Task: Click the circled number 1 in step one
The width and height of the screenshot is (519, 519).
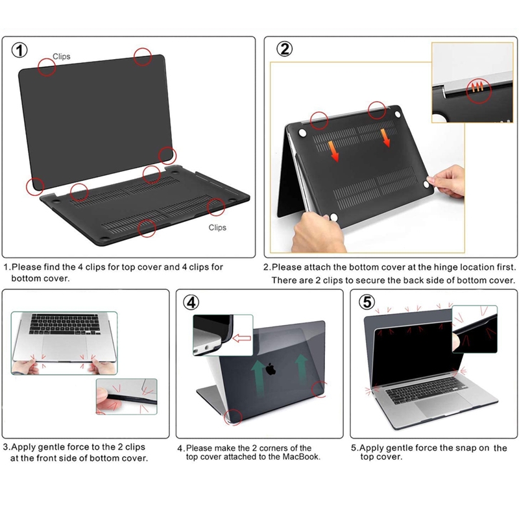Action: (x=19, y=51)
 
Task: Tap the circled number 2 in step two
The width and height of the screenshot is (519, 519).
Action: (x=284, y=49)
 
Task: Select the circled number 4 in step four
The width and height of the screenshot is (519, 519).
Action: (x=191, y=302)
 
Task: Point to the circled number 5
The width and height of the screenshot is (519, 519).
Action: (x=367, y=302)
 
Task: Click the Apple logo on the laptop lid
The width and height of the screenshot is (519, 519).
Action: (x=271, y=368)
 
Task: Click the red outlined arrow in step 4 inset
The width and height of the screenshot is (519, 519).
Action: (x=241, y=338)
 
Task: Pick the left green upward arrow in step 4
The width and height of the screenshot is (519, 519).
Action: (x=259, y=378)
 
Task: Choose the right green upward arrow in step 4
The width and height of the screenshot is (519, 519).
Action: (x=301, y=368)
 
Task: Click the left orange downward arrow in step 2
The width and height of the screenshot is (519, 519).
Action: (x=333, y=151)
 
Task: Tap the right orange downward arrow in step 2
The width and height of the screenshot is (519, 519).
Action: (x=385, y=138)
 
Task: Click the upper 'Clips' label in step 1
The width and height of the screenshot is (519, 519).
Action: (x=62, y=56)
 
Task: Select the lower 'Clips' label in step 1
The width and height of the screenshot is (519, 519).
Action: (x=217, y=228)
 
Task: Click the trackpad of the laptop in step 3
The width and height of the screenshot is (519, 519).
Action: (x=65, y=347)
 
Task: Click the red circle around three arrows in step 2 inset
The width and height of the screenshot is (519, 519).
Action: (x=479, y=91)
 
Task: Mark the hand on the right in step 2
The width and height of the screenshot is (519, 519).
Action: (x=447, y=182)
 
